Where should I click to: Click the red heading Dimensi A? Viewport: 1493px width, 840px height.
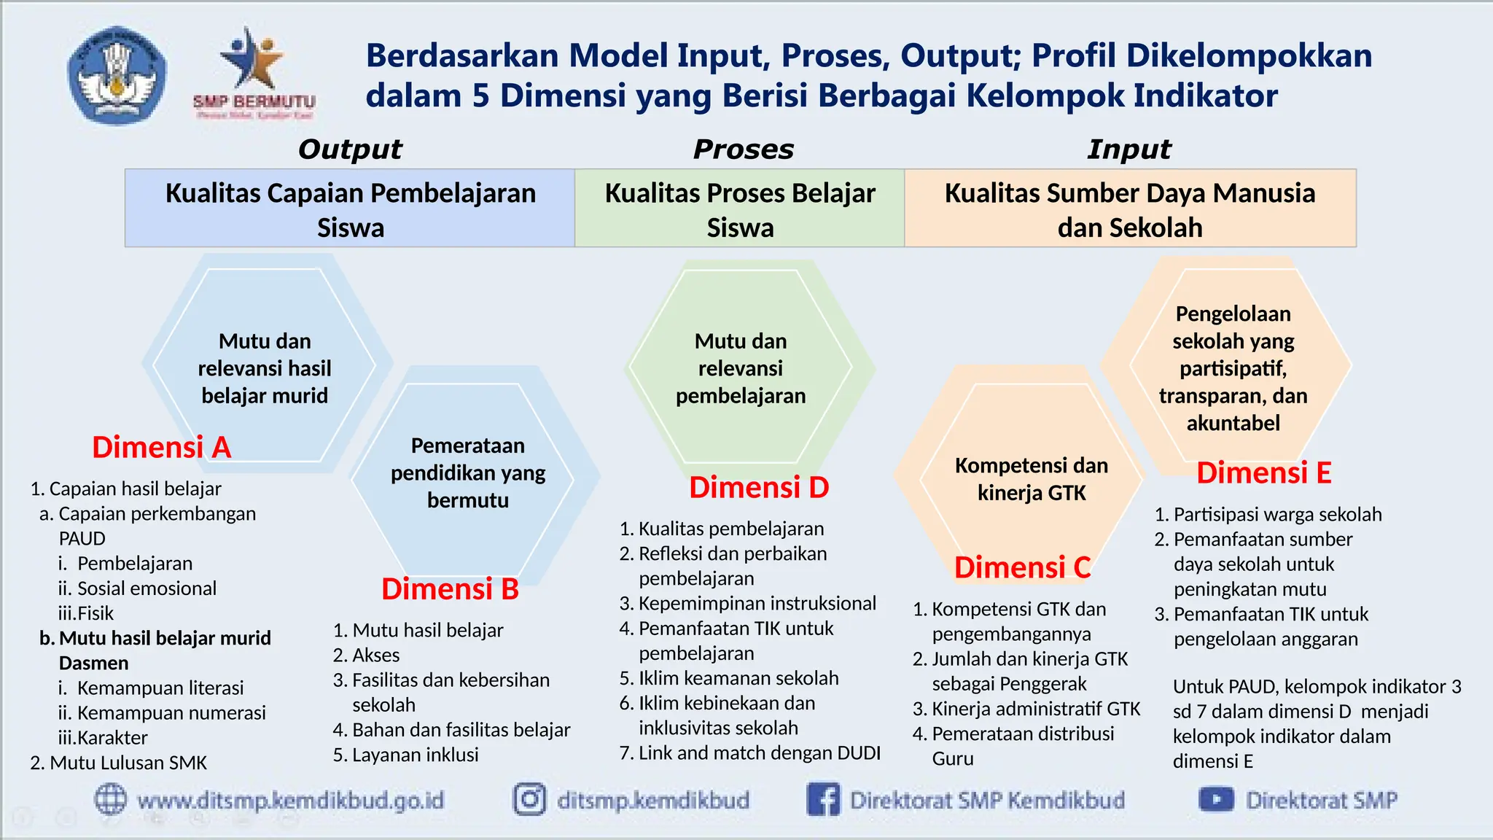point(161,447)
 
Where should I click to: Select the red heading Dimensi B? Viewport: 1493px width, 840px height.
point(450,589)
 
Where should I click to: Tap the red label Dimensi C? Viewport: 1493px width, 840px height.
point(1022,567)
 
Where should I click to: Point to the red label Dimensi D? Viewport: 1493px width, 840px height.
point(759,488)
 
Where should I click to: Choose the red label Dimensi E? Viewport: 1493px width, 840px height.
point(1263,472)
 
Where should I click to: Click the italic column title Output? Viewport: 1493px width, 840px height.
point(350,149)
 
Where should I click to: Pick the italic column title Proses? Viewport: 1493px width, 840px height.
point(743,149)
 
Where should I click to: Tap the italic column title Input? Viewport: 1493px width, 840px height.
point(1129,149)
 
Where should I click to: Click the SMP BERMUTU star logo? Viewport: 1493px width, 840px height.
point(253,73)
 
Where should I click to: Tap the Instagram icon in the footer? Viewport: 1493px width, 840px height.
point(529,799)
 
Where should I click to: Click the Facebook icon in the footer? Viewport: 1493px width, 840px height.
point(823,799)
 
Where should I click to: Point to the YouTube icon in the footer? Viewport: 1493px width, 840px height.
point(1216,799)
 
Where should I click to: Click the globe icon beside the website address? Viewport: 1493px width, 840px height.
point(111,799)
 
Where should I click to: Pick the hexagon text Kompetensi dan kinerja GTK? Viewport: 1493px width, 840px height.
point(1032,479)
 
